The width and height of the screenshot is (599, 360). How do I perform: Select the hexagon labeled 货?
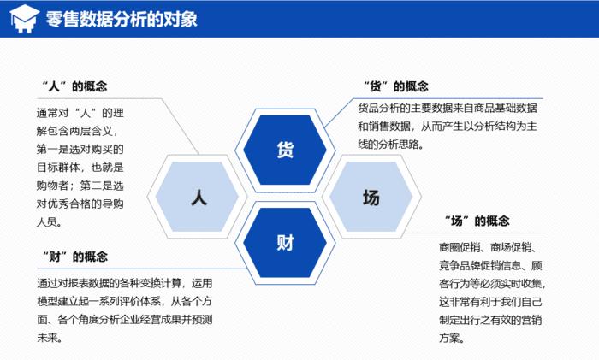pyautogui.click(x=284, y=150)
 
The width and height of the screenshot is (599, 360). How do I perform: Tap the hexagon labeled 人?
pyautogui.click(x=198, y=198)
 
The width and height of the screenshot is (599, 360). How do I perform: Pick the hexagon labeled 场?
pyautogui.click(x=371, y=198)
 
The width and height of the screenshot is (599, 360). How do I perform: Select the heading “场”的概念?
pyautogui.click(x=477, y=221)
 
